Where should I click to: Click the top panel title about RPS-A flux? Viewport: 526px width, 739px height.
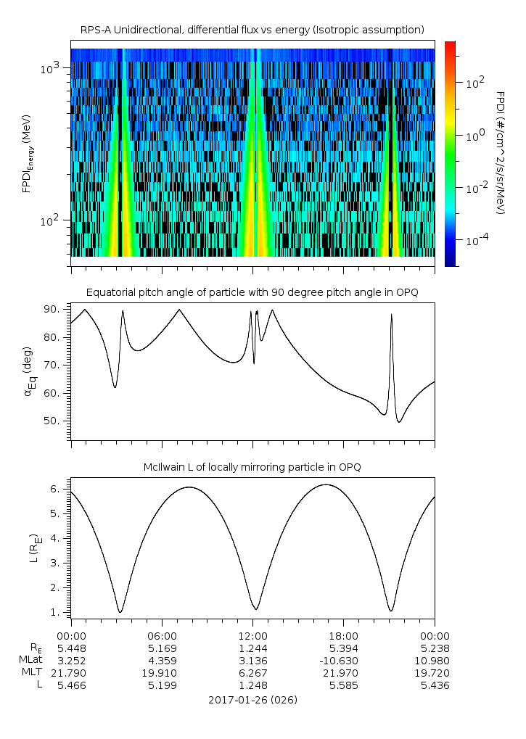click(x=252, y=29)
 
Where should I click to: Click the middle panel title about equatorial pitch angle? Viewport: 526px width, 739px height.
click(x=252, y=292)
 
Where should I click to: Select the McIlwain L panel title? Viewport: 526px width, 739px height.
click(x=252, y=467)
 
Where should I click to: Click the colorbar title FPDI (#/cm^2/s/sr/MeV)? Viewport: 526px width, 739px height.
click(x=500, y=153)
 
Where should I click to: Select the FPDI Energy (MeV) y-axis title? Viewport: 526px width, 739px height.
click(x=28, y=153)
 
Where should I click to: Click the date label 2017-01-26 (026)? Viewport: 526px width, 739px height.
click(x=252, y=700)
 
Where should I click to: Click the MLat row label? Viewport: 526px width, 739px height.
click(x=32, y=660)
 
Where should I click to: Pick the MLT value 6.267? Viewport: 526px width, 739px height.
click(x=252, y=672)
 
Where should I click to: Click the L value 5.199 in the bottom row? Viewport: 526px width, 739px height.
click(x=161, y=685)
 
